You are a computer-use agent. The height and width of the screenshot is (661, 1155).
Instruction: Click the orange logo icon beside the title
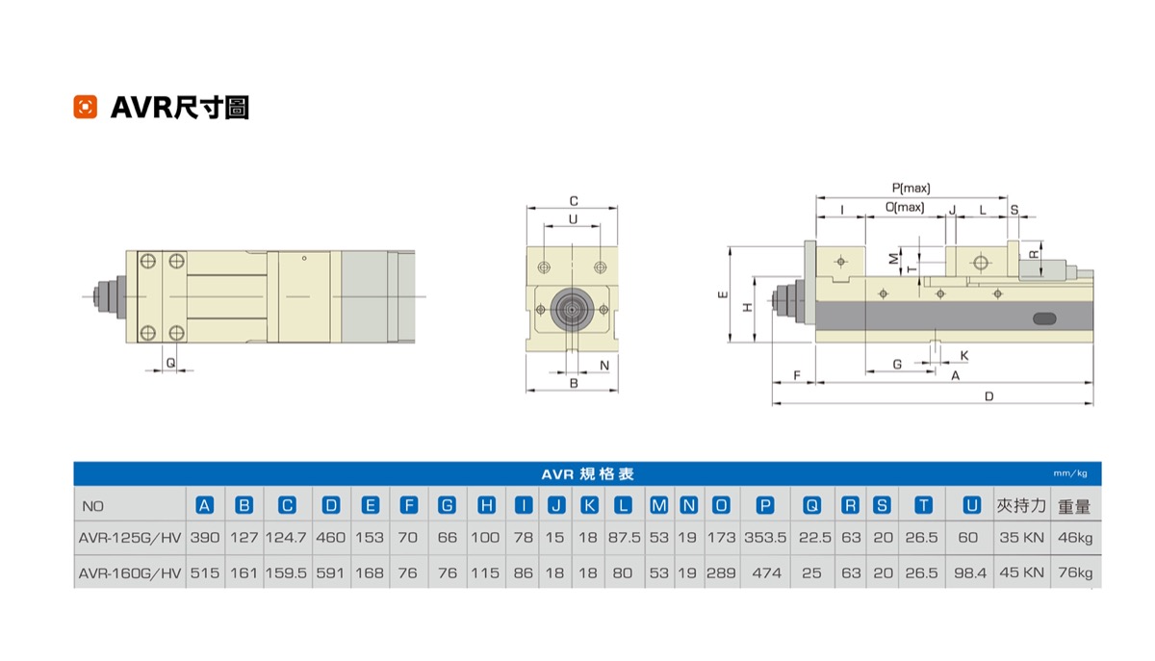[85, 107]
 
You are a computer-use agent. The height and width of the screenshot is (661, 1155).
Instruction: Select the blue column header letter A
[205, 505]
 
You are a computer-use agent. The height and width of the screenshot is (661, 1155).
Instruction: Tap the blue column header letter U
[971, 505]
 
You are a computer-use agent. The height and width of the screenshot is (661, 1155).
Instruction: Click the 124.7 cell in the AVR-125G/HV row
[286, 538]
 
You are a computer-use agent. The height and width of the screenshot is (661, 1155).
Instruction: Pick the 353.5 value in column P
[765, 538]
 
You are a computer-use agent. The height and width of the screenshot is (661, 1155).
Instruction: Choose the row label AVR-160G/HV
[130, 573]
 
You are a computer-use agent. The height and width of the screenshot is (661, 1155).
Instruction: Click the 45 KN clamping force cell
[1021, 572]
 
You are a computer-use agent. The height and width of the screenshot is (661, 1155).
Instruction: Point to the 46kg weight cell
[1075, 538]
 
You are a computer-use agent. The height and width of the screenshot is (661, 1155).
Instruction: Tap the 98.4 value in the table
[970, 572]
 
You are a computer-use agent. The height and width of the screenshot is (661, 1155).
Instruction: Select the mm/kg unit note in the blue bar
[1070, 473]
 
